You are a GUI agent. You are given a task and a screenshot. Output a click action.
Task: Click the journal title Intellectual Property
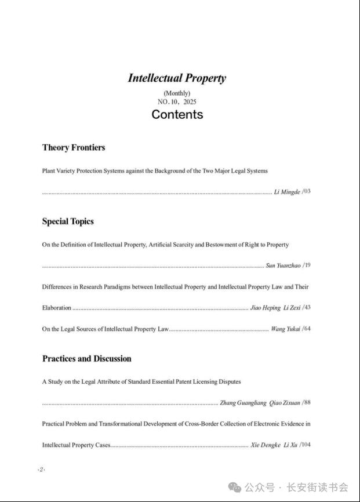[x=177, y=78]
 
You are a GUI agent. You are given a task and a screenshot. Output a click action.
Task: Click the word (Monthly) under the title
[x=177, y=93]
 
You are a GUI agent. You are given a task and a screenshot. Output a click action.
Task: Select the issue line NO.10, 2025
[x=177, y=101]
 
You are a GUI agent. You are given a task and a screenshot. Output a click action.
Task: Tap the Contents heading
[x=177, y=114]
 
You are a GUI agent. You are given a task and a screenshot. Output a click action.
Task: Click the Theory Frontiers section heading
[x=74, y=147]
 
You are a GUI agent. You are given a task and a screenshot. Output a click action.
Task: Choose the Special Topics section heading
[x=68, y=221]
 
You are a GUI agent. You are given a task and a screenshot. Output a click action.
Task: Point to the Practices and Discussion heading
[x=87, y=358]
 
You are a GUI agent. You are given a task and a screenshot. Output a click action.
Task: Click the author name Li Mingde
[x=287, y=191]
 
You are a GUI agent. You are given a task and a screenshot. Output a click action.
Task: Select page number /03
[x=307, y=191]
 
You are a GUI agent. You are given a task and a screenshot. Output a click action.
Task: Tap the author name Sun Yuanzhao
[x=283, y=265]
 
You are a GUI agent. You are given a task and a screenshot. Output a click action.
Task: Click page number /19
[x=307, y=265]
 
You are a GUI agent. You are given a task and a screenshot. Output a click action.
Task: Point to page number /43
[x=307, y=307]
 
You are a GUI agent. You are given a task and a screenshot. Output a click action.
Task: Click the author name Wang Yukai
[x=285, y=329]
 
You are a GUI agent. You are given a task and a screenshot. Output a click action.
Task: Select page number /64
[x=307, y=329]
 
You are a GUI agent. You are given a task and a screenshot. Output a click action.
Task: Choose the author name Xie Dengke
[x=265, y=445]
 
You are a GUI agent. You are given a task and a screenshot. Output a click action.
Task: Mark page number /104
[x=305, y=445]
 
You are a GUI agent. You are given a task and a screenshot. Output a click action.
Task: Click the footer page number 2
[x=41, y=469]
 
